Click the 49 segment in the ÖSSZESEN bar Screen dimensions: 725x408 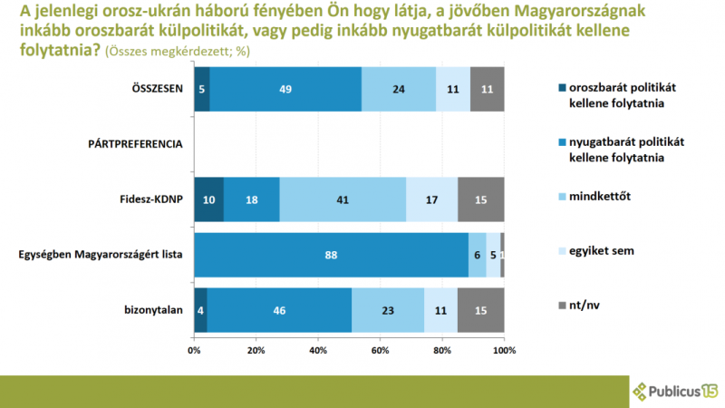click(285, 89)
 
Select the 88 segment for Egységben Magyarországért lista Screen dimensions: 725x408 click(331, 255)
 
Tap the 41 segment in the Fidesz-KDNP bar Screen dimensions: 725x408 click(343, 199)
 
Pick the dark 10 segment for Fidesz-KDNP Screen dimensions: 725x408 click(209, 199)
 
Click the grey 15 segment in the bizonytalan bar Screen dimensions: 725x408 click(481, 310)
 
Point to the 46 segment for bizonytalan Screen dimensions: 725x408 click(279, 310)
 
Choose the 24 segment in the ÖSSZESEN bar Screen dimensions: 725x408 click(399, 89)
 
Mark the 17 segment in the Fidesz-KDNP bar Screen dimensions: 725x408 click(432, 199)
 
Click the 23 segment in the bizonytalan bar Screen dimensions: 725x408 click(388, 310)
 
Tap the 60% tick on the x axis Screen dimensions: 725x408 click(380, 350)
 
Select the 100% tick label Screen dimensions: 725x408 click(504, 350)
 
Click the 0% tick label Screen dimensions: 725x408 click(194, 350)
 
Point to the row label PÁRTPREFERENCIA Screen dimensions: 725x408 click(135, 144)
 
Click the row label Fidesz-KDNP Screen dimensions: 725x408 click(151, 199)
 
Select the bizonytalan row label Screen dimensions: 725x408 click(153, 310)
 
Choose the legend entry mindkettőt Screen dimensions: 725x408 click(594, 196)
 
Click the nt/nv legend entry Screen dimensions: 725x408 click(579, 306)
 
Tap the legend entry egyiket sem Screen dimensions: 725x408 click(596, 251)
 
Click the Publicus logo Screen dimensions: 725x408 click(675, 392)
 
